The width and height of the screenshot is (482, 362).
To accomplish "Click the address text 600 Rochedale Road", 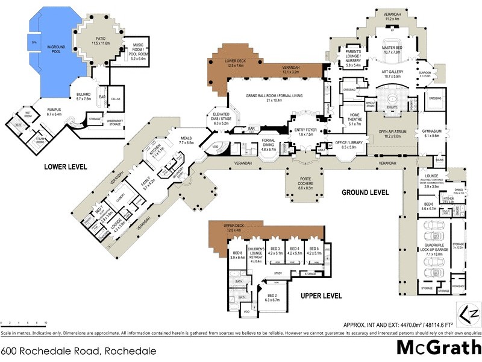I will (x=78, y=351).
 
